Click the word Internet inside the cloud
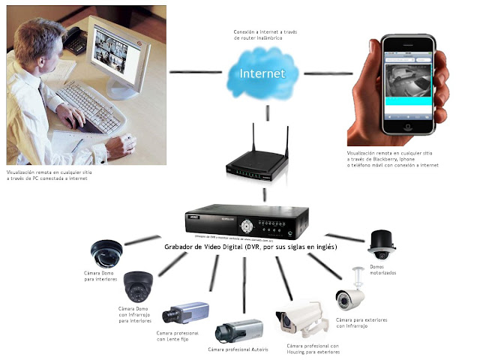point(262,75)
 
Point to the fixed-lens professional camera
point(183,312)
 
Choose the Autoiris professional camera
point(239,329)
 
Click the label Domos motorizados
point(382,271)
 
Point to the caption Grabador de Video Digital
point(250,247)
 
